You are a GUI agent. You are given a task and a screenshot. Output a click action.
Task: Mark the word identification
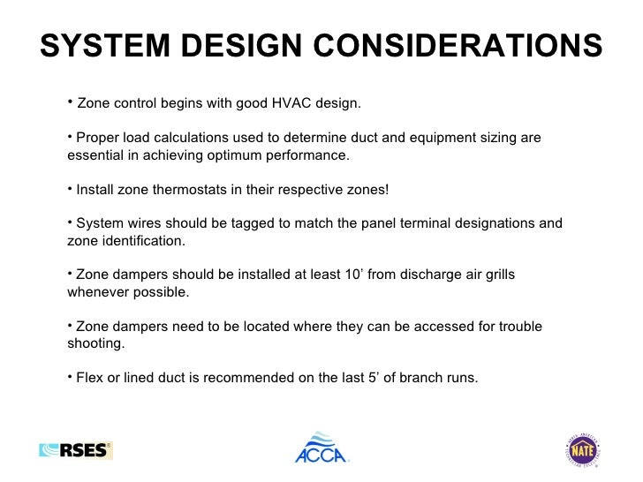[142, 241]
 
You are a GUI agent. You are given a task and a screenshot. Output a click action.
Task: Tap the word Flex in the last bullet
[90, 379]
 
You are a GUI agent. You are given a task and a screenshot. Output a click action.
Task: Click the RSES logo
[77, 450]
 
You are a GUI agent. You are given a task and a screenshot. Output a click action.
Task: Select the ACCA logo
[321, 448]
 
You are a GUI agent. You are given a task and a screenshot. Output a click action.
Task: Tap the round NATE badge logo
[582, 449]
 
